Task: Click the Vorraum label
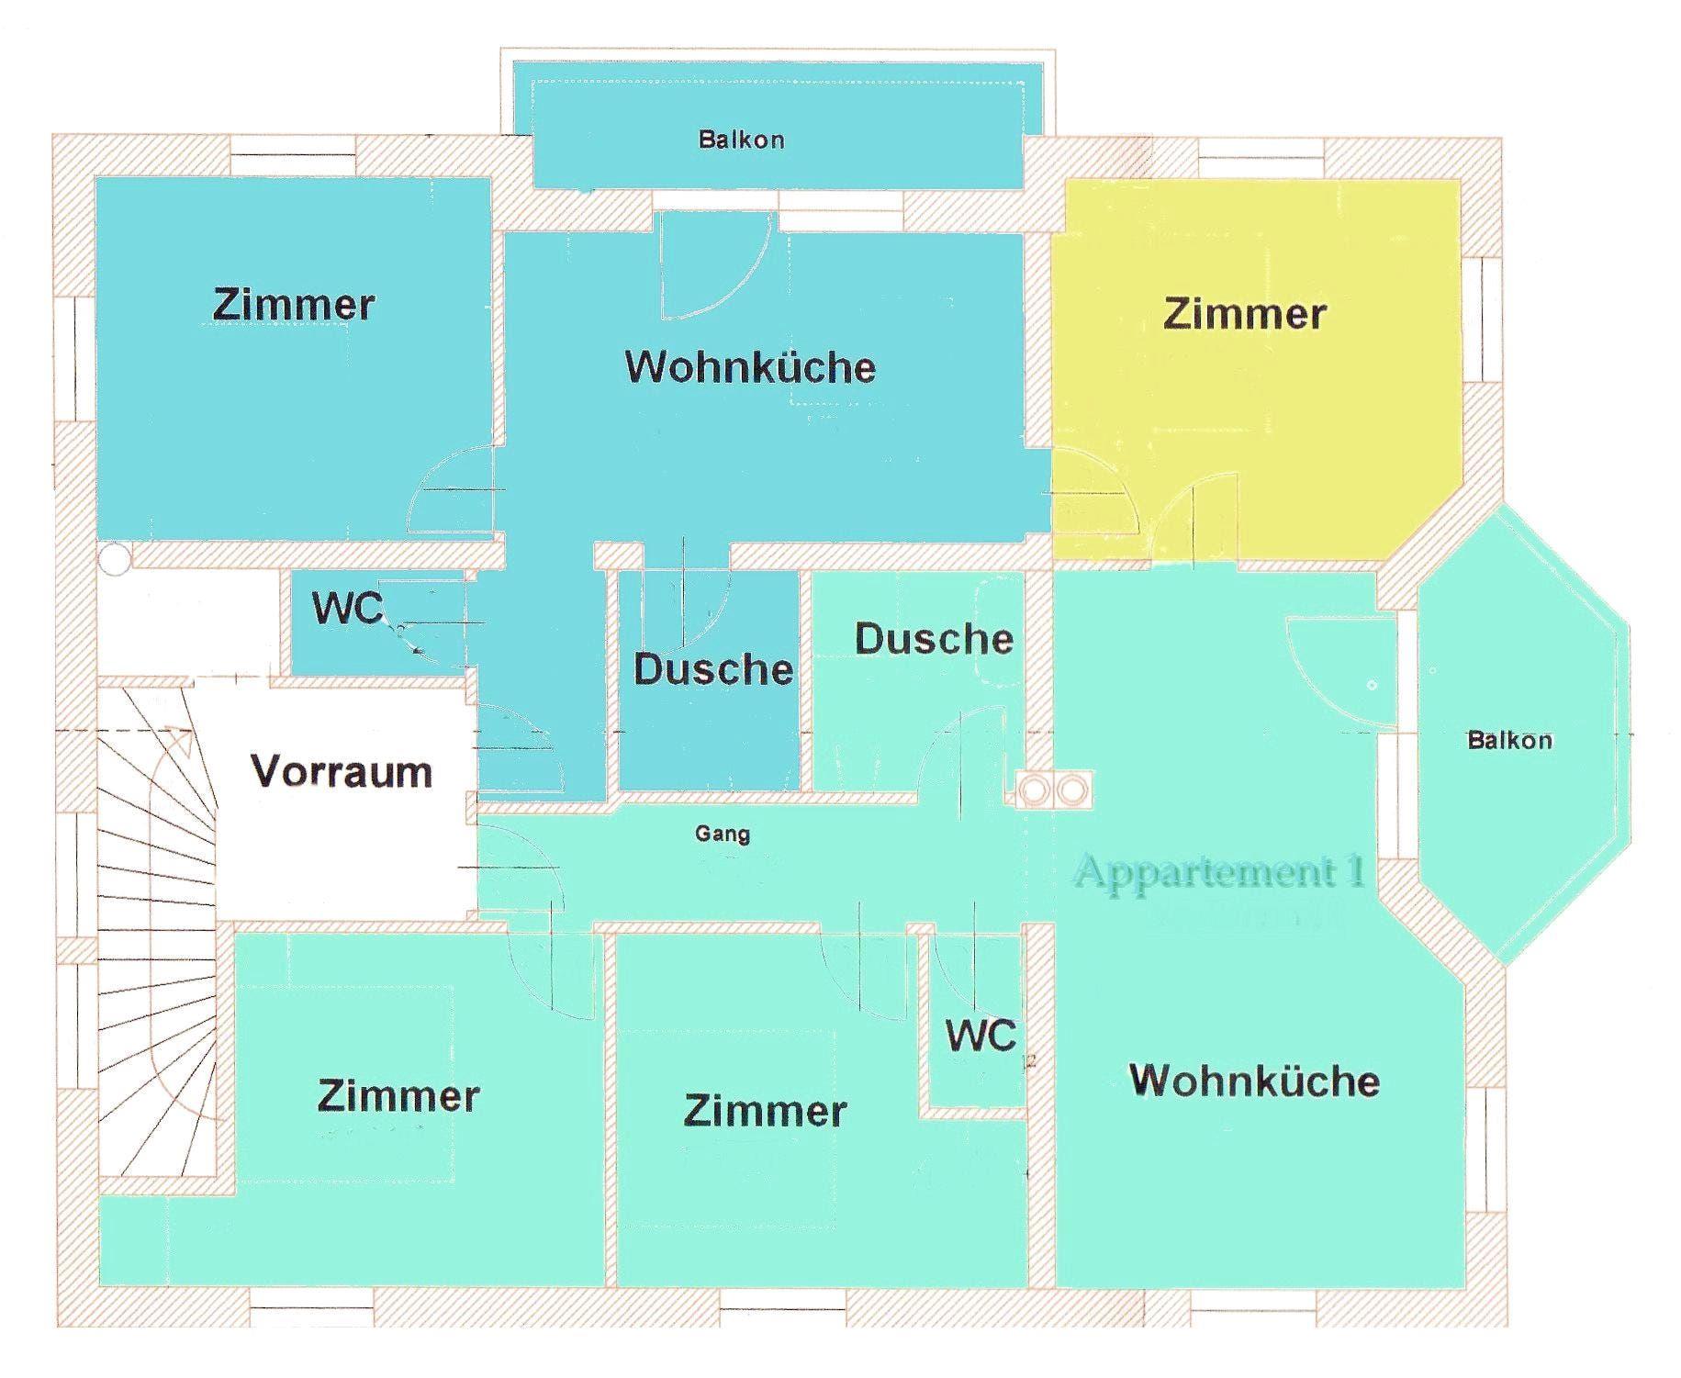(342, 772)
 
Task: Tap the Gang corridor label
(723, 834)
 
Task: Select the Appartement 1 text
(1219, 870)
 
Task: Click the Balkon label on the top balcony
(741, 140)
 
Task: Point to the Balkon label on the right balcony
(1509, 740)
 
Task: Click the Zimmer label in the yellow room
(1244, 314)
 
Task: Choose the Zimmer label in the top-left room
(294, 305)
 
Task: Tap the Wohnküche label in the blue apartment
(750, 367)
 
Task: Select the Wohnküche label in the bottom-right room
(1254, 1081)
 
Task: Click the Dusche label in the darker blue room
(713, 669)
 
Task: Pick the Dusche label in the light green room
(934, 639)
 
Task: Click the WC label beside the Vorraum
(347, 608)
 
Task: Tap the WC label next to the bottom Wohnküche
(981, 1036)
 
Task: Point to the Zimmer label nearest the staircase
(398, 1096)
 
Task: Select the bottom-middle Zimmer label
(765, 1112)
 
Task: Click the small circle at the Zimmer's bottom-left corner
(115, 559)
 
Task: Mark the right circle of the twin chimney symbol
(1070, 789)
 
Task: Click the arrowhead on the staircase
(181, 739)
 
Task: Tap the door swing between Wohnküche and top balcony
(716, 266)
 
